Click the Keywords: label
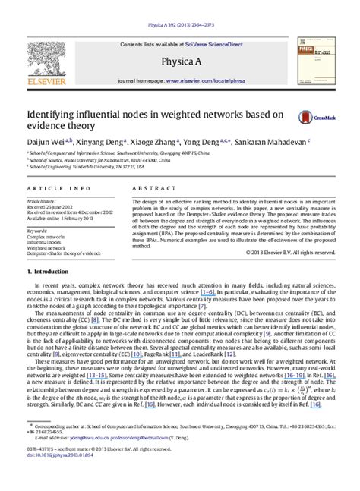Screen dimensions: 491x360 pyautogui.click(x=36, y=229)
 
